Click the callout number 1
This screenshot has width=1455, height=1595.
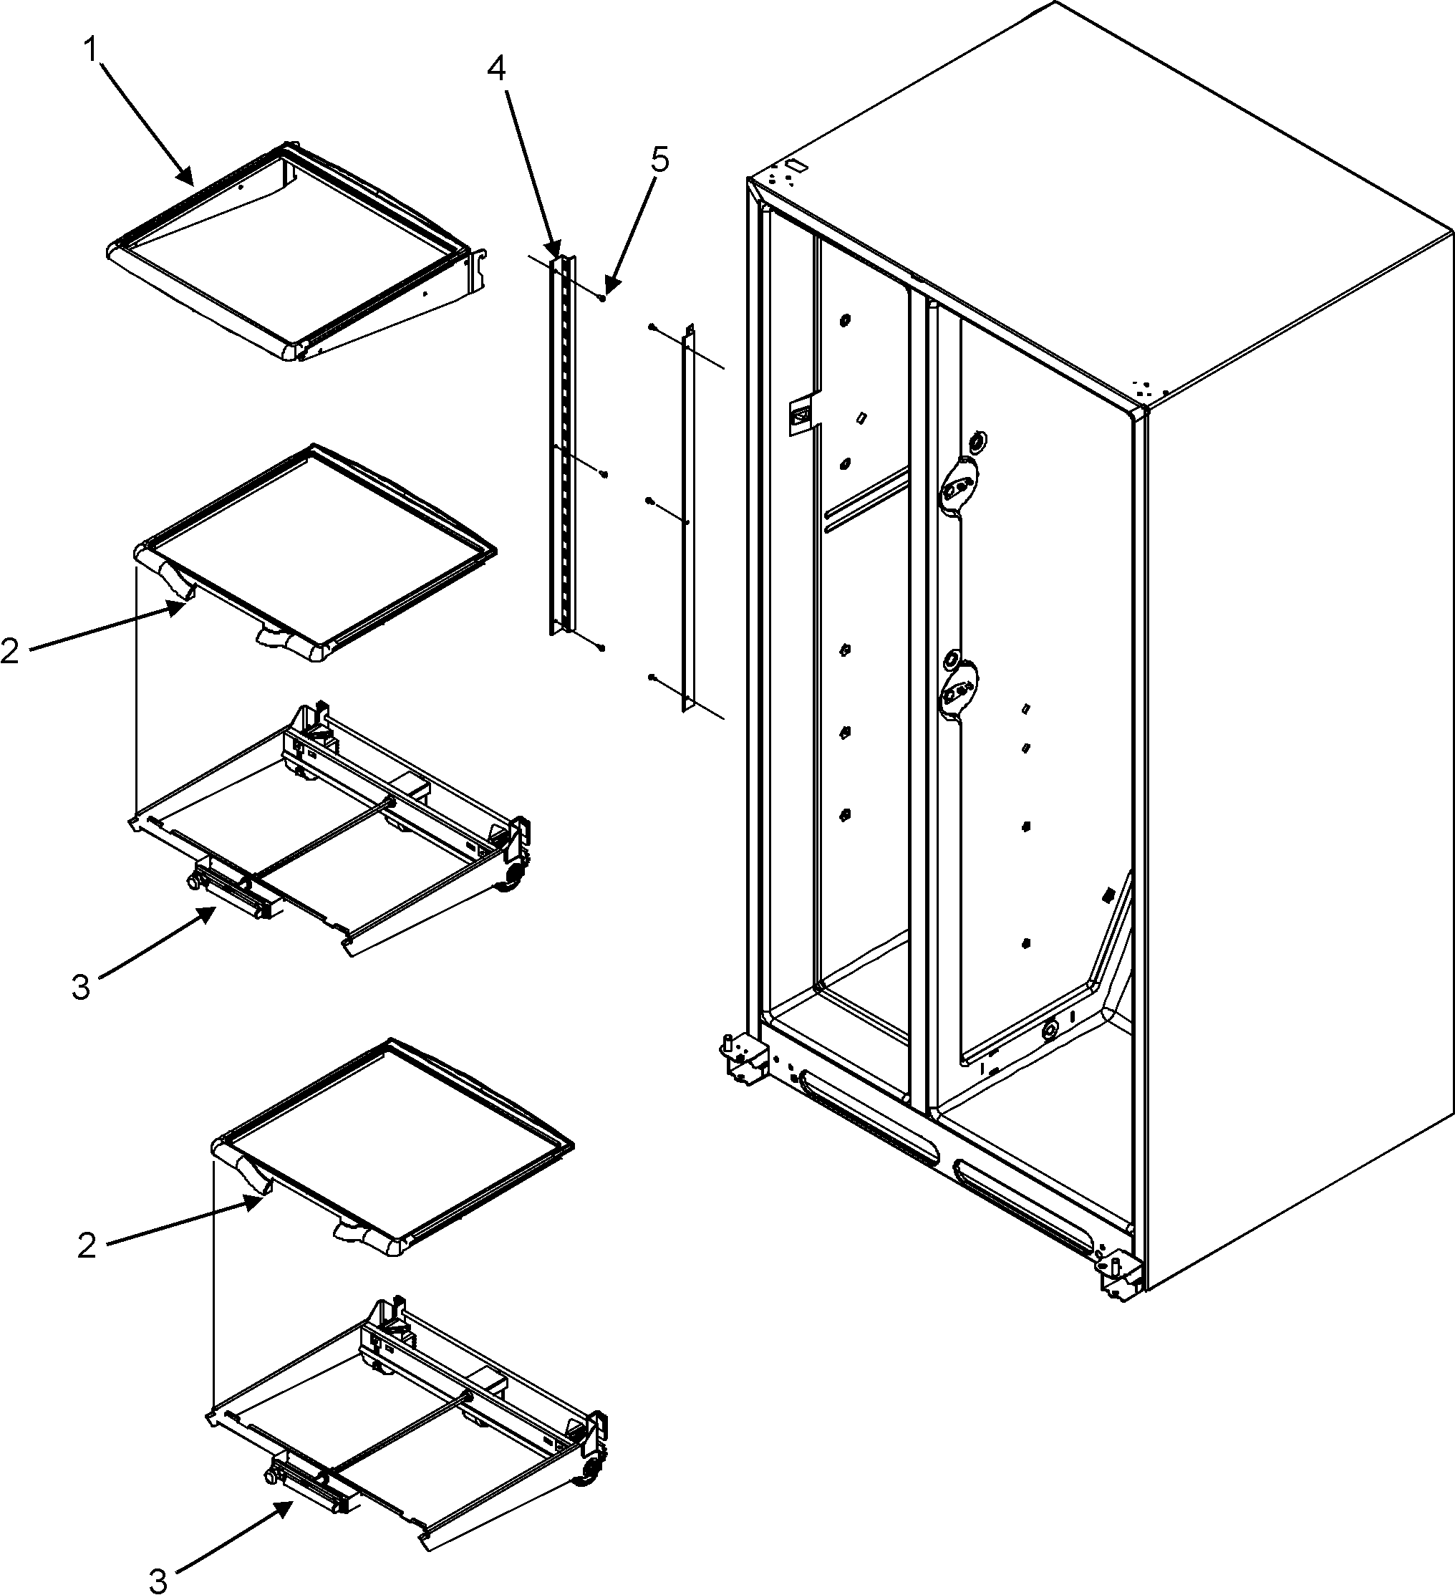pyautogui.click(x=92, y=50)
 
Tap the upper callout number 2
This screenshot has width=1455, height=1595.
pyautogui.click(x=9, y=651)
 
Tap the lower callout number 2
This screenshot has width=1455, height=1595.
pyautogui.click(x=87, y=1247)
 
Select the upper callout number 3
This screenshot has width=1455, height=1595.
pyautogui.click(x=81, y=988)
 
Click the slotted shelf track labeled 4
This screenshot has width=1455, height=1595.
pyautogui.click(x=563, y=443)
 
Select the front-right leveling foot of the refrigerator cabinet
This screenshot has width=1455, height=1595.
pyautogui.click(x=1118, y=1278)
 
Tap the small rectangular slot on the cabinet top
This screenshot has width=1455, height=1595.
pyautogui.click(x=798, y=168)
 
